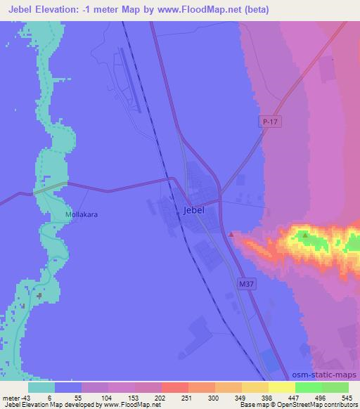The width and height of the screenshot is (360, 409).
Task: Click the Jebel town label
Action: [x=193, y=210]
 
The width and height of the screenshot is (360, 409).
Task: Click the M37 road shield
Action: [x=243, y=283]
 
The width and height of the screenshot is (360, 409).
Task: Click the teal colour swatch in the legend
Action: [x=41, y=387]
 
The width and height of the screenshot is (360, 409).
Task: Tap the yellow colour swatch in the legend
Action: [x=281, y=387]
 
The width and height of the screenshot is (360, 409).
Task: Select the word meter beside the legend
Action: [x=11, y=398]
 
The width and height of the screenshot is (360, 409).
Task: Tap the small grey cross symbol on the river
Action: [x=39, y=295]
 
